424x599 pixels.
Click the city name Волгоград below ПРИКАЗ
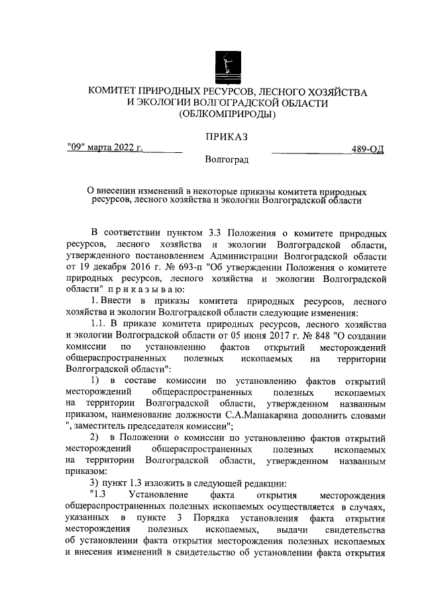point(227,160)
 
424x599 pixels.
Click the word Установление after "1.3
point(158,494)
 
